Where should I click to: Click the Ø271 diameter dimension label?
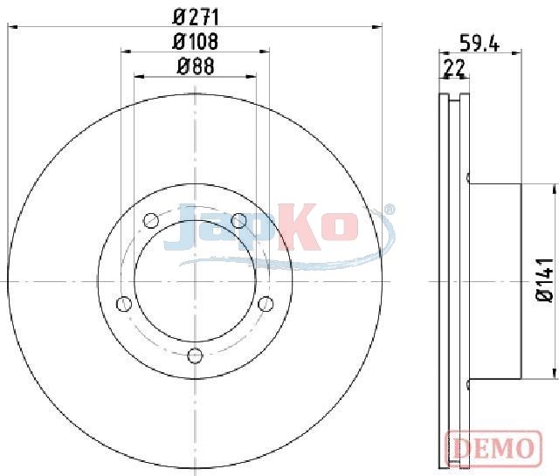196,17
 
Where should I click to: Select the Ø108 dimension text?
195,42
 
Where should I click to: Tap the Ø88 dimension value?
196,66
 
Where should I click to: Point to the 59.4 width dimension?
480,43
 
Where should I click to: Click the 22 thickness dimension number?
454,68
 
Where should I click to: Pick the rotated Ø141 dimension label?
544,280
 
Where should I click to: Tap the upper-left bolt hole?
150,220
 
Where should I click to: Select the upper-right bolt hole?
238,220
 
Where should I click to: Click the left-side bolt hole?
124,304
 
